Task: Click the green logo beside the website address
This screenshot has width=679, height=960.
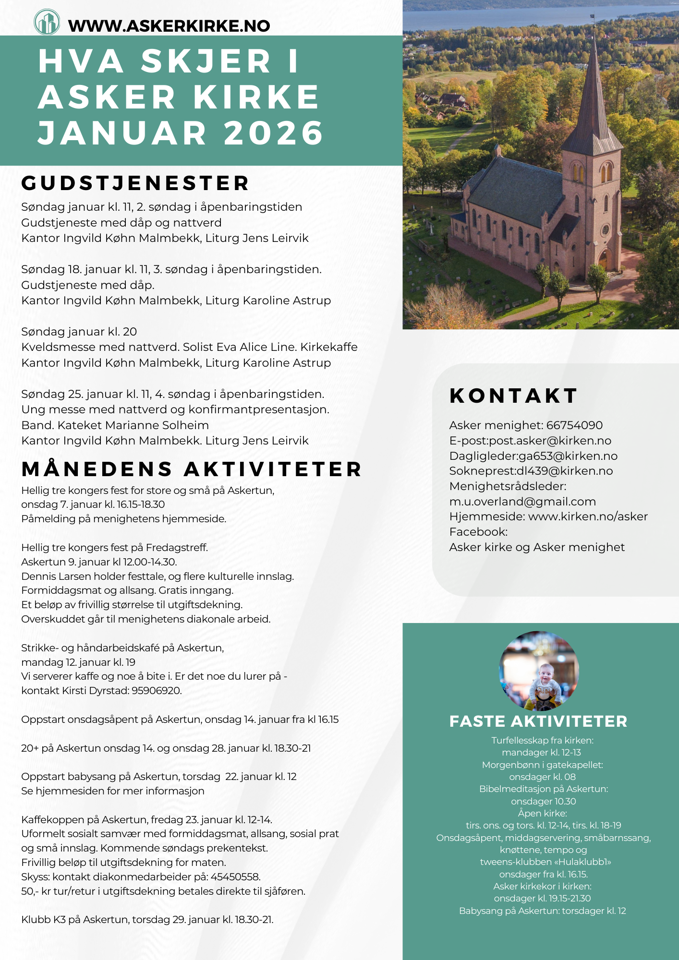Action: tap(47, 22)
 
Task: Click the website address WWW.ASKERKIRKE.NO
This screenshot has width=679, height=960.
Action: tap(169, 26)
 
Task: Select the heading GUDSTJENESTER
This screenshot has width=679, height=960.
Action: tap(135, 183)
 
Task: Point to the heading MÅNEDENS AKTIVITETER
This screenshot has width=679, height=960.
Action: tap(192, 469)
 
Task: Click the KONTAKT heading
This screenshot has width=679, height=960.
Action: tap(513, 396)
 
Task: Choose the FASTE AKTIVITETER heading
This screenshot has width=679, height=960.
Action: tap(538, 721)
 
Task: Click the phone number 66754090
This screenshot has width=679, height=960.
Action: tap(574, 425)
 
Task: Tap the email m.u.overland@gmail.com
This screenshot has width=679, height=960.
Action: tap(522, 502)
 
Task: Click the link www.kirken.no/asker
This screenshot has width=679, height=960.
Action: tap(588, 516)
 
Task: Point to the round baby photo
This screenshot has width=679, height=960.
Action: tap(539, 671)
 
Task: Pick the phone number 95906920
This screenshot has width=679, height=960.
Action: tap(157, 691)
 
